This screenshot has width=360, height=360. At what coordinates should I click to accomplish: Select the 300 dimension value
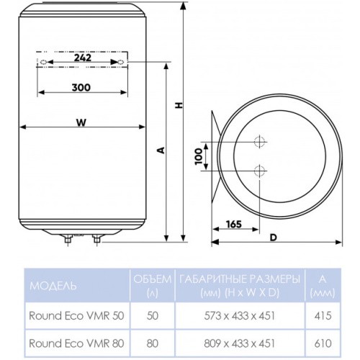81,87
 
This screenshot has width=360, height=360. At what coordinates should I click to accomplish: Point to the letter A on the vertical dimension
162,150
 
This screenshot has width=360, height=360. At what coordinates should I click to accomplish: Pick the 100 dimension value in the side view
199,157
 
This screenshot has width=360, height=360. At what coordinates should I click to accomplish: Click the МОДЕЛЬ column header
52,286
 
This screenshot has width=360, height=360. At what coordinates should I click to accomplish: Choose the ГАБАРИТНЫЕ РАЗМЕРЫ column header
238,279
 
